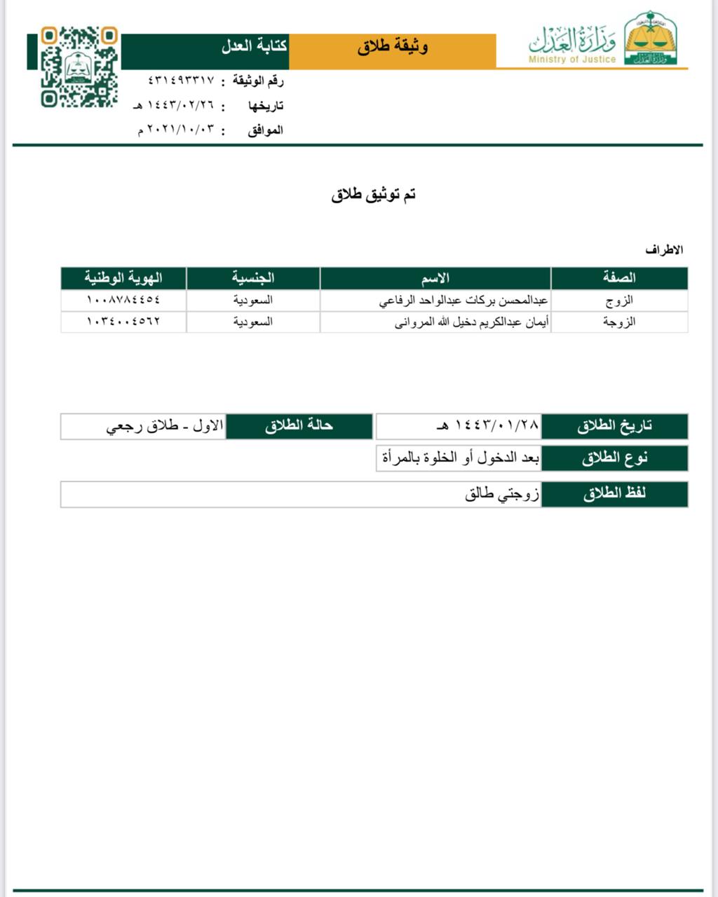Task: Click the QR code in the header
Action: coord(79,67)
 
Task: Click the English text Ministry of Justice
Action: coord(572,60)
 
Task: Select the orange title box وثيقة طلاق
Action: coord(393,48)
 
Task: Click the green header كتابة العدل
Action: coord(254,47)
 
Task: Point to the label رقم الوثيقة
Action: coord(257,81)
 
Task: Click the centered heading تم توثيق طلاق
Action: coord(374,195)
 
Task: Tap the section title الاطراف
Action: coord(664,250)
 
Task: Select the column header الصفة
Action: coord(618,278)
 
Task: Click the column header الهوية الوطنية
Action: coord(123,278)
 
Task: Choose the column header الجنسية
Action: coord(253,278)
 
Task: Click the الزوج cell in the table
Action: coord(618,301)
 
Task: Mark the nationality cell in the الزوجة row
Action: coord(253,322)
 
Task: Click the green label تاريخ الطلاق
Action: coord(614,426)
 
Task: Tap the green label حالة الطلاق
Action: coord(299,426)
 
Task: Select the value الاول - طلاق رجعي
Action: coord(165,426)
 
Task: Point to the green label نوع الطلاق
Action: coord(614,458)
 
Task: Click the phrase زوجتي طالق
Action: coord(502,494)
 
